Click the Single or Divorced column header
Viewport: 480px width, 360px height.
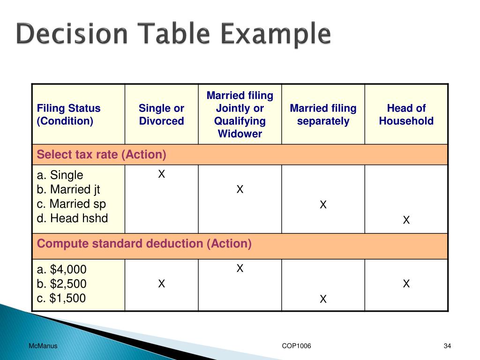[x=161, y=115]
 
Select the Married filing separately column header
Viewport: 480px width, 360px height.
[x=323, y=115]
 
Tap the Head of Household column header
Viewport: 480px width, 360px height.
[x=406, y=115]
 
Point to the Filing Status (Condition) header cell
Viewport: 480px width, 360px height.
[x=69, y=115]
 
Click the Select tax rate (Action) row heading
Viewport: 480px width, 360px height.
[x=102, y=155]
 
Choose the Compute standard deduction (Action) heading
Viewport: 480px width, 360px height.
[x=144, y=244]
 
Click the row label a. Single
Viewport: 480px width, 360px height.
[x=60, y=175]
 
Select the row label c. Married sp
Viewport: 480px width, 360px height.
[x=71, y=204]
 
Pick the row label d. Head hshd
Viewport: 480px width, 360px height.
[x=72, y=218]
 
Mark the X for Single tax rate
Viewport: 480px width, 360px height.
[x=161, y=174]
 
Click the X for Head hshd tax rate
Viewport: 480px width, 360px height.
[x=406, y=220]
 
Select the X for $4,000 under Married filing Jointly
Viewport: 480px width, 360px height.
[x=240, y=269]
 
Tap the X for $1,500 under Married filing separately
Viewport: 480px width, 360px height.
[x=323, y=299]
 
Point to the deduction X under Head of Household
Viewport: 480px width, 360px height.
[x=406, y=284]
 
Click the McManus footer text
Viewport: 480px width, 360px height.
[x=43, y=346]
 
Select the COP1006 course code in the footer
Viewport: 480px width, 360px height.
[x=296, y=346]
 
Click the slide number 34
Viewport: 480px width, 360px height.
[x=447, y=346]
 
